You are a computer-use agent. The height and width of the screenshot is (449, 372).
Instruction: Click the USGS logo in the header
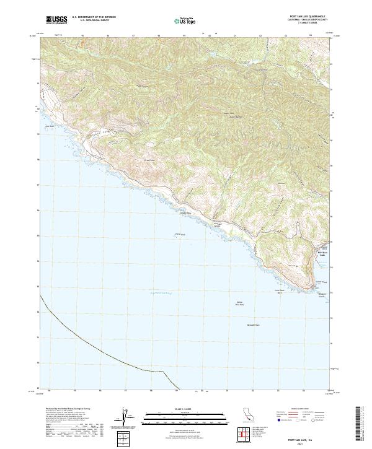[56, 20]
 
